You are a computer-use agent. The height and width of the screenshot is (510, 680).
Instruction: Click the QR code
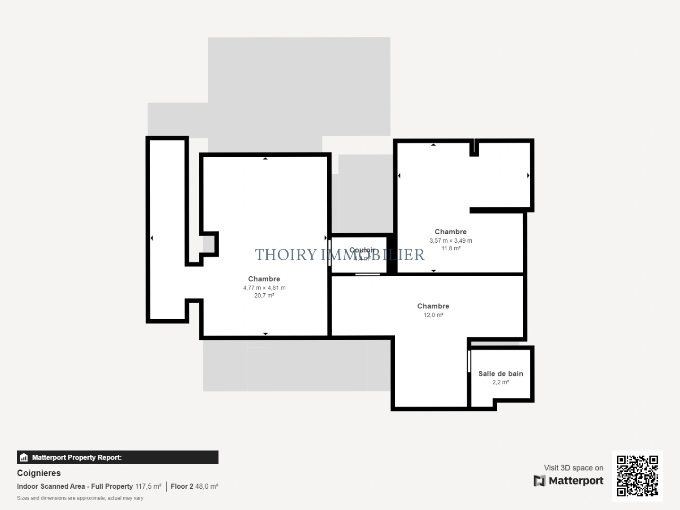(637, 476)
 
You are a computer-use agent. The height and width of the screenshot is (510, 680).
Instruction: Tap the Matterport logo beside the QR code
(569, 481)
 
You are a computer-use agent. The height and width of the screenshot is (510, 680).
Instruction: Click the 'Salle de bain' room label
(501, 374)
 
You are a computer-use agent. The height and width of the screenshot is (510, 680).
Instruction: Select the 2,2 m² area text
(501, 382)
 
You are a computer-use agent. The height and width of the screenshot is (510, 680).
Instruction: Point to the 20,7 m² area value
(264, 296)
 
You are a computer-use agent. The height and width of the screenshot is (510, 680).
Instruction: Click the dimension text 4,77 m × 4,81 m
(264, 288)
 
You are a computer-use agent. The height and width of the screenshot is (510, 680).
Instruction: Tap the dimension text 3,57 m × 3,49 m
(450, 240)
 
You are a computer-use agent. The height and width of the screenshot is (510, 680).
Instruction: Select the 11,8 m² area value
(450, 248)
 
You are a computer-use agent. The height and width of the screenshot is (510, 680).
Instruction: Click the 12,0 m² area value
(433, 315)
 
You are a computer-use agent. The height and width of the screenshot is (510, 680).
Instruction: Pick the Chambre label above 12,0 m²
(433, 306)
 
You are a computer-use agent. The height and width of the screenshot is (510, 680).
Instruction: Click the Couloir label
(362, 250)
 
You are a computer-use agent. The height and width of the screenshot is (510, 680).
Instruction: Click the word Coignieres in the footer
(39, 473)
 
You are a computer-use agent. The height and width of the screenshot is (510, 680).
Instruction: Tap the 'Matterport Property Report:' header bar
(118, 457)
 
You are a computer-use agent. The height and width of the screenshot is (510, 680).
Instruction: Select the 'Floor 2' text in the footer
(182, 486)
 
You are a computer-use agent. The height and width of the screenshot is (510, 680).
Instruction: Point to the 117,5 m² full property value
(148, 486)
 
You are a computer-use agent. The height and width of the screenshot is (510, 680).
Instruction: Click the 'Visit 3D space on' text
(573, 467)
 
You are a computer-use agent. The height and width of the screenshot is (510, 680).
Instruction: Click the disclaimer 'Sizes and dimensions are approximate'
(80, 498)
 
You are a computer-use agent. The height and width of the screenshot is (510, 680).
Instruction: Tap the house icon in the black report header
(24, 458)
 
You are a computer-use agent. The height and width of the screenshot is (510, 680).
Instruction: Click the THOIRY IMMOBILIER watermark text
(340, 255)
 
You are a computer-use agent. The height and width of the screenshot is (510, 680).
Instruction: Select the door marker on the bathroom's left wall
(469, 361)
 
